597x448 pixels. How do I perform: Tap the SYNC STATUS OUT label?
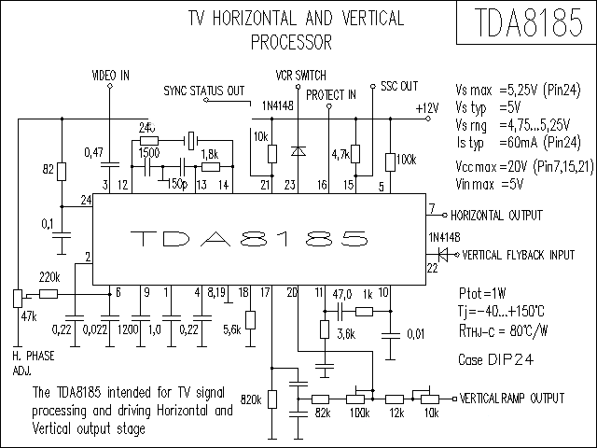coord(203,91)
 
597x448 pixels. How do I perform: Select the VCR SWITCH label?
coord(300,74)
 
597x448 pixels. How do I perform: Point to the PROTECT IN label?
coord(331,94)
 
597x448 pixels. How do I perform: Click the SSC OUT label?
coord(399,87)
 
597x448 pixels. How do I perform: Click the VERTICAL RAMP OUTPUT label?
coord(512,398)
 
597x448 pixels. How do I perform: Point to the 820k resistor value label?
coord(250,399)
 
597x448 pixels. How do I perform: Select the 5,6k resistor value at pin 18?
coord(231,329)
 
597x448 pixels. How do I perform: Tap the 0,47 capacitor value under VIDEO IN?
coord(93,151)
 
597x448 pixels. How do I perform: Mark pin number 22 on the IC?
coord(432,269)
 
